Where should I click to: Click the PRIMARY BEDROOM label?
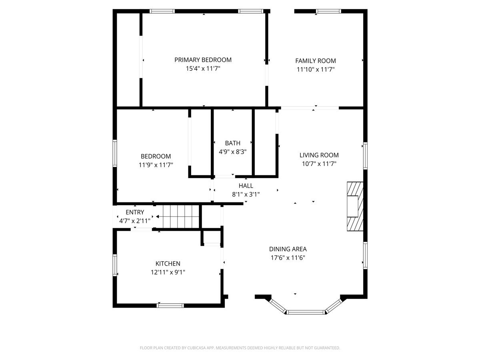(x=203, y=60)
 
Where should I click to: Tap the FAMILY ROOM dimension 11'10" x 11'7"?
(x=316, y=69)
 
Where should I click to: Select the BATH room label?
(x=232, y=143)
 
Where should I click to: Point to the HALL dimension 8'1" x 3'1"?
(x=246, y=194)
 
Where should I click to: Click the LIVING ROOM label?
(x=319, y=155)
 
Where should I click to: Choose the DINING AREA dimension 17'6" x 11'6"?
(x=288, y=258)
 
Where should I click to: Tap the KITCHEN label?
(x=168, y=263)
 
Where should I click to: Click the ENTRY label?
(x=135, y=212)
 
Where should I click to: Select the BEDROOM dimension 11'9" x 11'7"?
(x=156, y=165)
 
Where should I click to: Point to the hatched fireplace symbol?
(x=355, y=206)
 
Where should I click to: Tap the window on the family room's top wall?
(x=328, y=11)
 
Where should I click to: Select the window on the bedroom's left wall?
(x=114, y=153)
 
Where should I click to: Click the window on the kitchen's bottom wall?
(x=170, y=305)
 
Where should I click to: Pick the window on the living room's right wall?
(x=365, y=156)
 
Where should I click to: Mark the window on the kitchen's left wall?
(x=114, y=265)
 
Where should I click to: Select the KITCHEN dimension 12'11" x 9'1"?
(x=168, y=272)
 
